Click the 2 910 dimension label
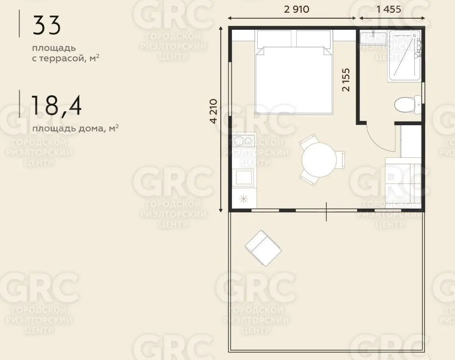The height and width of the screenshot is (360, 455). coord(297,9)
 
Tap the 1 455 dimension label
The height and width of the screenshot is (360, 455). coord(389,9)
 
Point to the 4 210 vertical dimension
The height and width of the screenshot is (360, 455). coord(213,111)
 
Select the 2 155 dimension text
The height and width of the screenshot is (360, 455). coord(346,80)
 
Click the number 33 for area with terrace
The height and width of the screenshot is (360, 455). coord(47,25)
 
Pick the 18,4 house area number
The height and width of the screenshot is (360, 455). coord(56,106)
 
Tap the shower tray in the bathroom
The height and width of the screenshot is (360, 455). coord(404,55)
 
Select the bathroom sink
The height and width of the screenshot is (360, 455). coord(373,38)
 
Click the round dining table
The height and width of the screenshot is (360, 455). coord(319,160)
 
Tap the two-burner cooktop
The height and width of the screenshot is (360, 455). coord(244,141)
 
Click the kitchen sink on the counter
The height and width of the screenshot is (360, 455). coord(244,177)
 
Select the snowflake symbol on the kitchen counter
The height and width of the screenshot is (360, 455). coord(243,199)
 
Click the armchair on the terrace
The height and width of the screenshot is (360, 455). coord(263,248)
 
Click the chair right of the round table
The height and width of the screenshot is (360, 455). coord(340,160)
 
